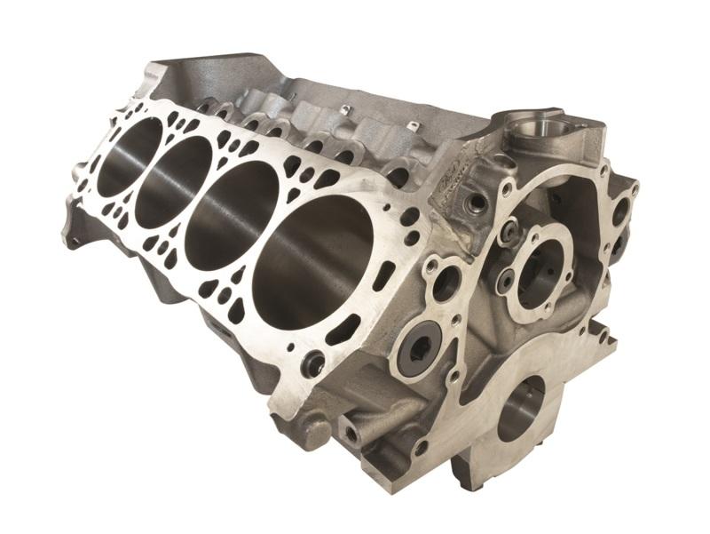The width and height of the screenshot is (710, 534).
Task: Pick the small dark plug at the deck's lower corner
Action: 312,363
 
